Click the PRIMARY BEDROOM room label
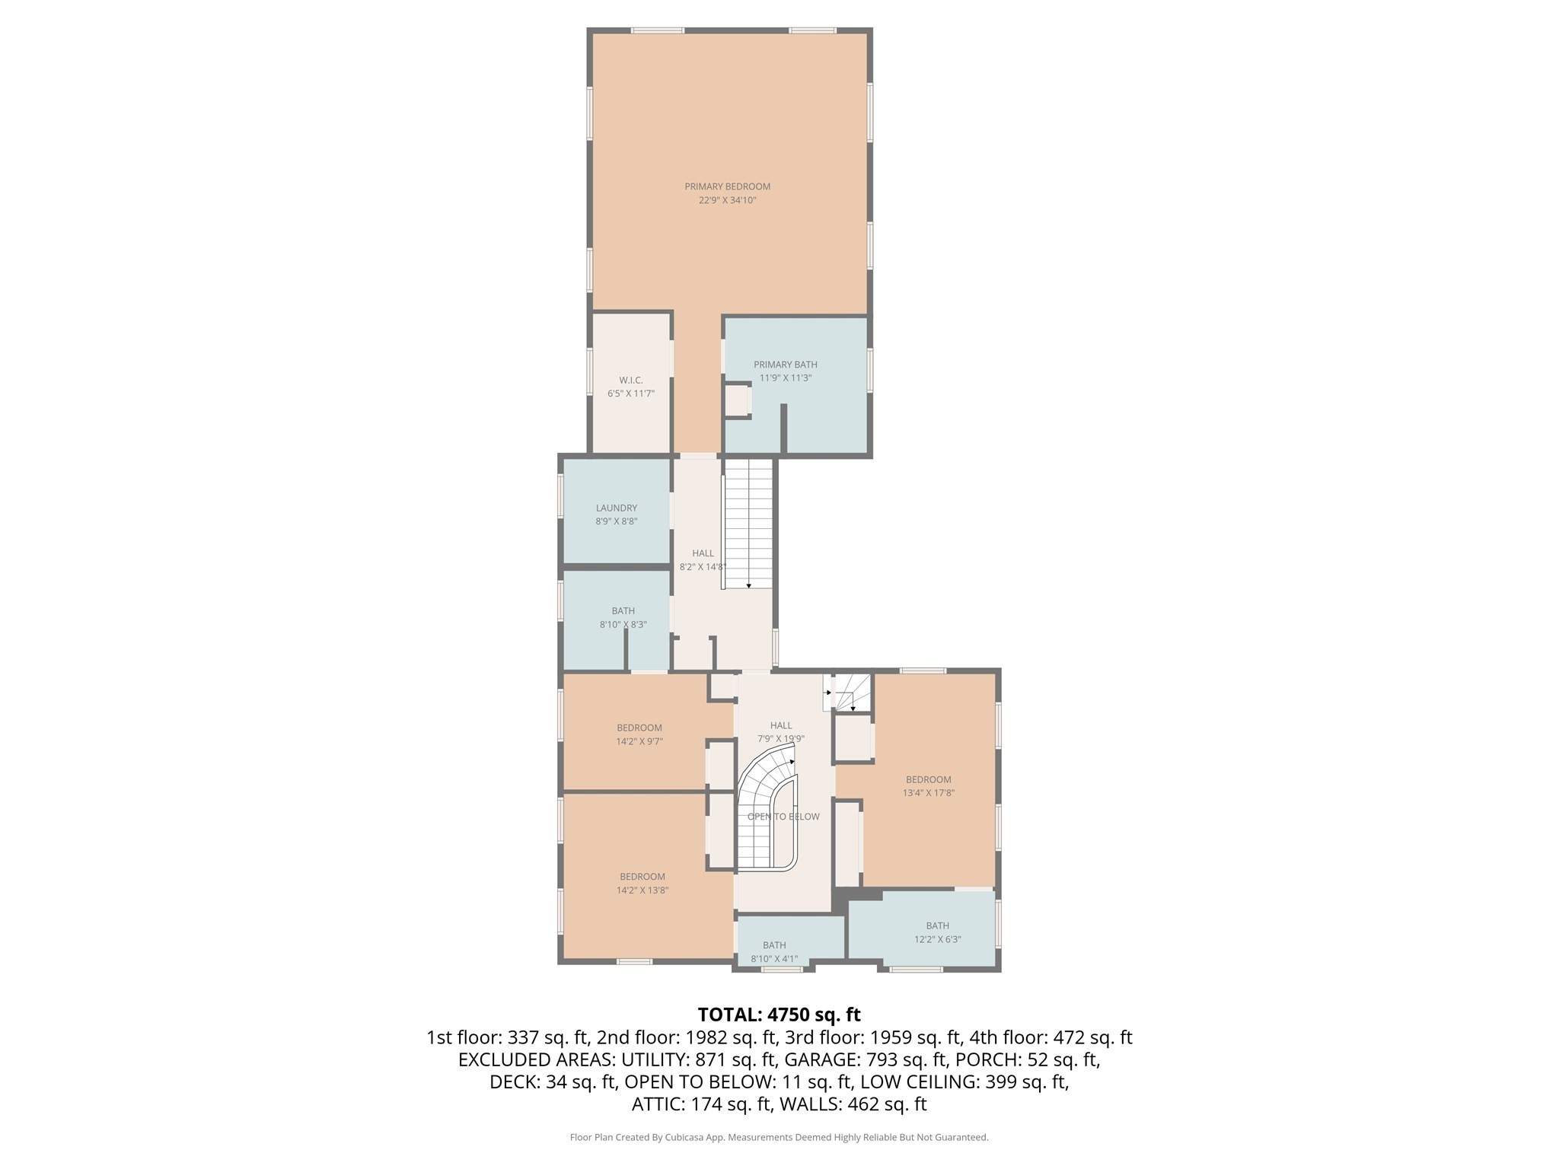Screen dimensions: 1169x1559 (727, 186)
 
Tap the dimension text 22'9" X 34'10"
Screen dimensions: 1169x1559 (727, 201)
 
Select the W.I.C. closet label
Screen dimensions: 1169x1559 (630, 380)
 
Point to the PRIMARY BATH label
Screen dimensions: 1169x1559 (785, 365)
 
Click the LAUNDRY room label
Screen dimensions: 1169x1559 (616, 508)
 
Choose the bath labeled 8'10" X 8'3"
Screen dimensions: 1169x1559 (623, 617)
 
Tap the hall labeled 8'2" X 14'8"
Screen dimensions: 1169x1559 (702, 560)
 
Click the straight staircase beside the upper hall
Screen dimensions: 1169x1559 (748, 525)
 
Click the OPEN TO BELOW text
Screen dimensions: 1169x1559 (783, 817)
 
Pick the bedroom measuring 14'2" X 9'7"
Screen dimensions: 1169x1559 (639, 734)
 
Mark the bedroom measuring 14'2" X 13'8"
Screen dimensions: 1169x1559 (642, 883)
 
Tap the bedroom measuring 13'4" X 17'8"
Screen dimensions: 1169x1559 (928, 785)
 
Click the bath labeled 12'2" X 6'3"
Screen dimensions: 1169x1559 (937, 932)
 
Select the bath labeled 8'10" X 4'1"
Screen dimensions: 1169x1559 (774, 951)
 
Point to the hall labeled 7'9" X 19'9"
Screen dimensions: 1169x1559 (780, 731)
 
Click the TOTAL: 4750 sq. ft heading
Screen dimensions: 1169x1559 (779, 1015)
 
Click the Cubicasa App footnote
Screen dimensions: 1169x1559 (779, 1137)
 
